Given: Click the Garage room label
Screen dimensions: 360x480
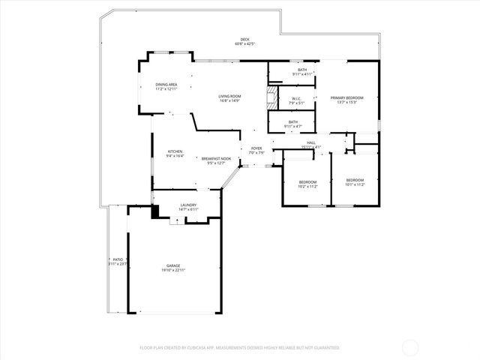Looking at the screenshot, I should point(173,265).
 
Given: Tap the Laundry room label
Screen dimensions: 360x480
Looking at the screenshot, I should point(188,205).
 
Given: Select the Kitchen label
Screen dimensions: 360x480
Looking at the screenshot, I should point(175,151).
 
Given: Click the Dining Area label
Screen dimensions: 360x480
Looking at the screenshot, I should point(166,85).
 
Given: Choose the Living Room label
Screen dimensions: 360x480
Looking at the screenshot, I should point(229,96).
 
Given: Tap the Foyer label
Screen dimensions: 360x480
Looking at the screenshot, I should point(256,148).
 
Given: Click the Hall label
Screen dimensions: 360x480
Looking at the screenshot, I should point(310,142).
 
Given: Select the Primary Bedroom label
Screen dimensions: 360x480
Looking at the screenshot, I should point(347,97).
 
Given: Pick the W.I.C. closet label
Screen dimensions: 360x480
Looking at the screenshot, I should point(296,98).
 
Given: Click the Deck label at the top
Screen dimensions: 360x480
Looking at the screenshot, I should point(244,40).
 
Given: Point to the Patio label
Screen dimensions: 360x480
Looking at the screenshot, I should point(118,259).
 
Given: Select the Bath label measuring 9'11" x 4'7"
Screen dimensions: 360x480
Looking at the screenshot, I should point(292,122).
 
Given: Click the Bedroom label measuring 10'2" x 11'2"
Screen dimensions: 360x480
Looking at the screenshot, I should point(308,181).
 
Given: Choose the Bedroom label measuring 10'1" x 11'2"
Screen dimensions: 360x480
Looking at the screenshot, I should point(355,180).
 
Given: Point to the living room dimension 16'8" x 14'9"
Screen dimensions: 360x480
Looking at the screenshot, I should point(229,100).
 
